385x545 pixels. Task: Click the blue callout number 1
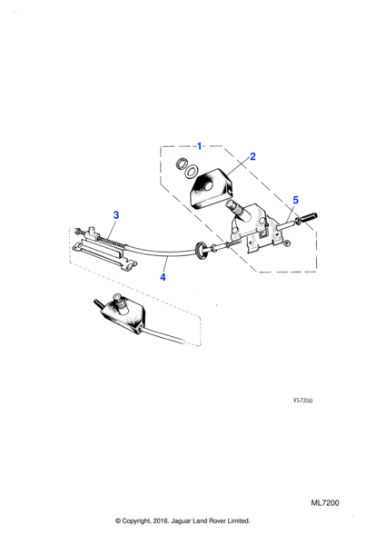click(199, 146)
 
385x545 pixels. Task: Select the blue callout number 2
click(252, 156)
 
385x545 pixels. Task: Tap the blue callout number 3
click(116, 215)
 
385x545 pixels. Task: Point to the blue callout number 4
click(163, 277)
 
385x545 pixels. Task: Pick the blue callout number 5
click(295, 200)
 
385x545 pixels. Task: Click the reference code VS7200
click(303, 401)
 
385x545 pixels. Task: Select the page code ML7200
click(325, 502)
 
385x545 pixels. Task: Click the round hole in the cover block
click(209, 186)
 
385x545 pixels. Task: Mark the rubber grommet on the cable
click(202, 251)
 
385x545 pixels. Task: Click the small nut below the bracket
click(287, 243)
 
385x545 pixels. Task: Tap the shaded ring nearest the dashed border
click(181, 163)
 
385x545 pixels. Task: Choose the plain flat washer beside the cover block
click(191, 172)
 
